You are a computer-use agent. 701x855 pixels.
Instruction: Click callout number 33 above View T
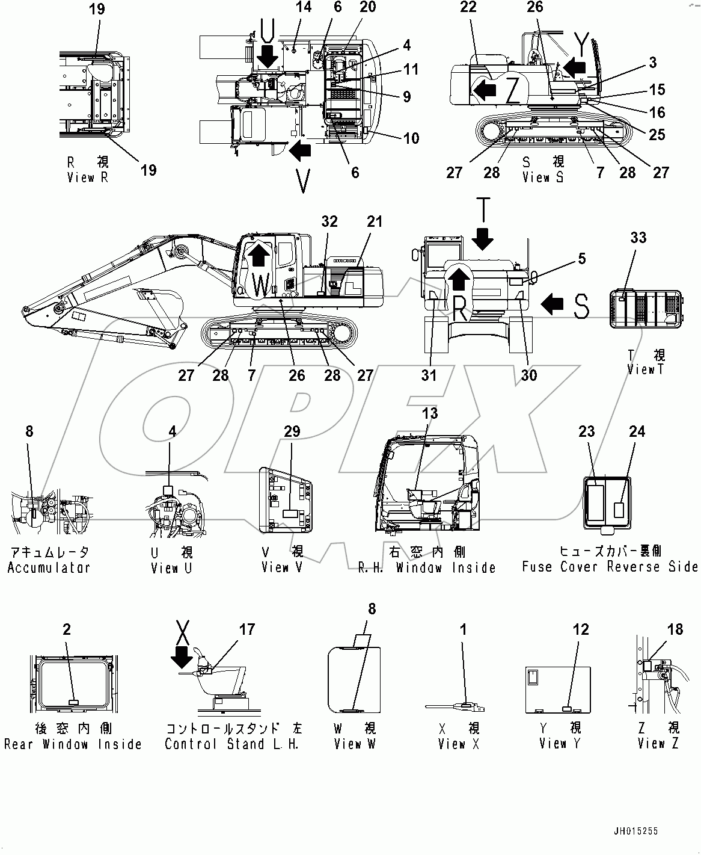click(x=638, y=238)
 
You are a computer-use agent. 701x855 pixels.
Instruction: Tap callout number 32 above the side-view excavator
click(x=329, y=221)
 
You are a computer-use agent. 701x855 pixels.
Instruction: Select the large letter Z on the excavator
click(x=512, y=91)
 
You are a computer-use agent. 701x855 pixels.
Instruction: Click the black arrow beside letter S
click(x=551, y=305)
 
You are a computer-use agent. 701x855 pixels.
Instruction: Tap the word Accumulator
click(x=49, y=567)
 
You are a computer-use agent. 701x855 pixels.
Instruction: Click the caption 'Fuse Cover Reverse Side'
click(x=610, y=567)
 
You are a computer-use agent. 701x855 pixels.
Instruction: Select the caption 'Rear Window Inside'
click(x=73, y=744)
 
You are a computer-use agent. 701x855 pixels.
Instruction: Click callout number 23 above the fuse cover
click(x=587, y=431)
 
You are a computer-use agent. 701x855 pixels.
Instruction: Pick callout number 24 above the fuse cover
click(x=637, y=431)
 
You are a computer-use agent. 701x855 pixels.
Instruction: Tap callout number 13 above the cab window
click(x=430, y=413)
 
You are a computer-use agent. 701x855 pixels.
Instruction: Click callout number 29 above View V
click(x=292, y=431)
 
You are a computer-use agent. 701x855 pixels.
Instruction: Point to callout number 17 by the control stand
click(x=247, y=629)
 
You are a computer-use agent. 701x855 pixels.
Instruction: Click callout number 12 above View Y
click(x=581, y=629)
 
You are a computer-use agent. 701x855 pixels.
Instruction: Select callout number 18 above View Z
click(x=675, y=629)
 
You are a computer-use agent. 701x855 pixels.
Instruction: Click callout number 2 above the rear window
click(x=67, y=629)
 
